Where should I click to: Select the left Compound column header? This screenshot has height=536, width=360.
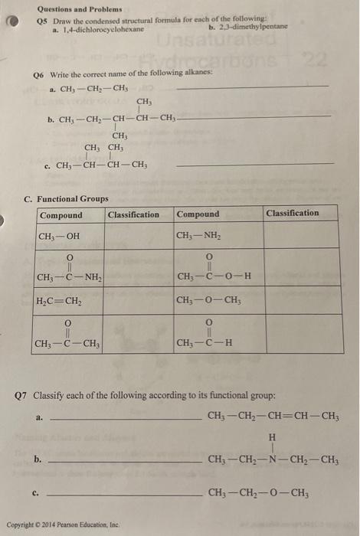[x=61, y=215]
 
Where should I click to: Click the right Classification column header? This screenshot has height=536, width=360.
[x=293, y=213]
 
